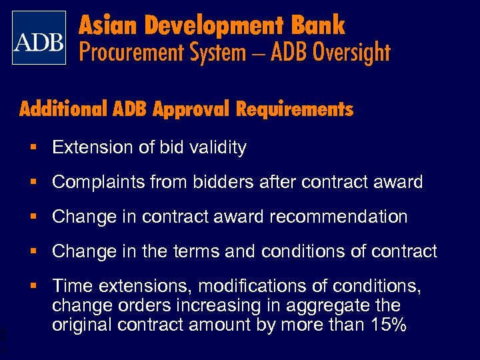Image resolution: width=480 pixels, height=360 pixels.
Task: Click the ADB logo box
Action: pos(39,37)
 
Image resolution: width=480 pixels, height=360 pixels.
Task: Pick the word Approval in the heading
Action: pos(189,109)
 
